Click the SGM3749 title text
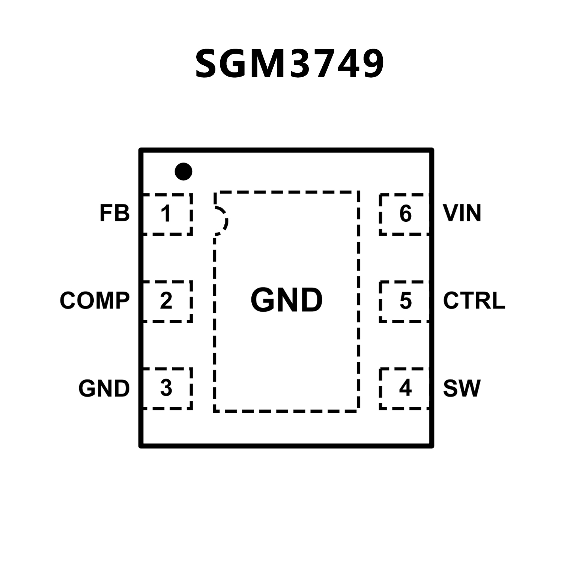tap(289, 64)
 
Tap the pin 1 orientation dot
tap(183, 171)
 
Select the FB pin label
tap(114, 213)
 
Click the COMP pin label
tap(95, 301)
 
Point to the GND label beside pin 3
tap(104, 388)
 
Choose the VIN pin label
tap(462, 213)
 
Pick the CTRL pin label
tap(474, 301)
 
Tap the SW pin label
tap(462, 388)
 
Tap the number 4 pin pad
tap(405, 388)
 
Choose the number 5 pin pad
tap(405, 301)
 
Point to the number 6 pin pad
tap(405, 214)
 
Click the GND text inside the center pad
tap(287, 300)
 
